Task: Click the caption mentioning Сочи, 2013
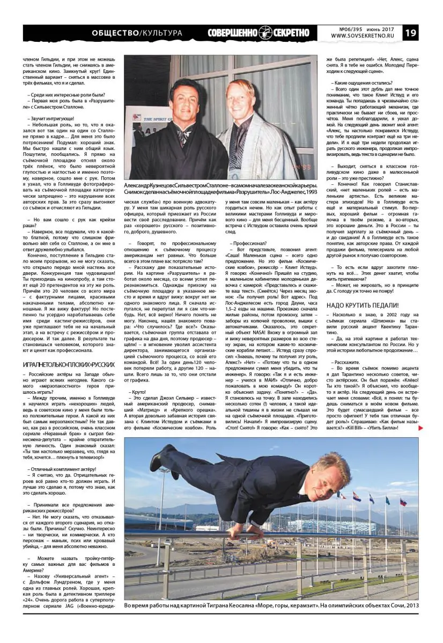coord(271,605)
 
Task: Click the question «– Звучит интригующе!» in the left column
coord(47,118)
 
